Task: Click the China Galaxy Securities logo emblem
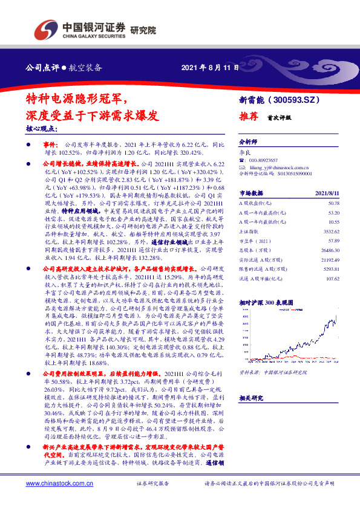click(x=46, y=28)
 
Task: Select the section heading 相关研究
click(x=249, y=398)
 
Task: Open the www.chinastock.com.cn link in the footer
click(x=59, y=484)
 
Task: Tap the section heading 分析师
click(x=248, y=140)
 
